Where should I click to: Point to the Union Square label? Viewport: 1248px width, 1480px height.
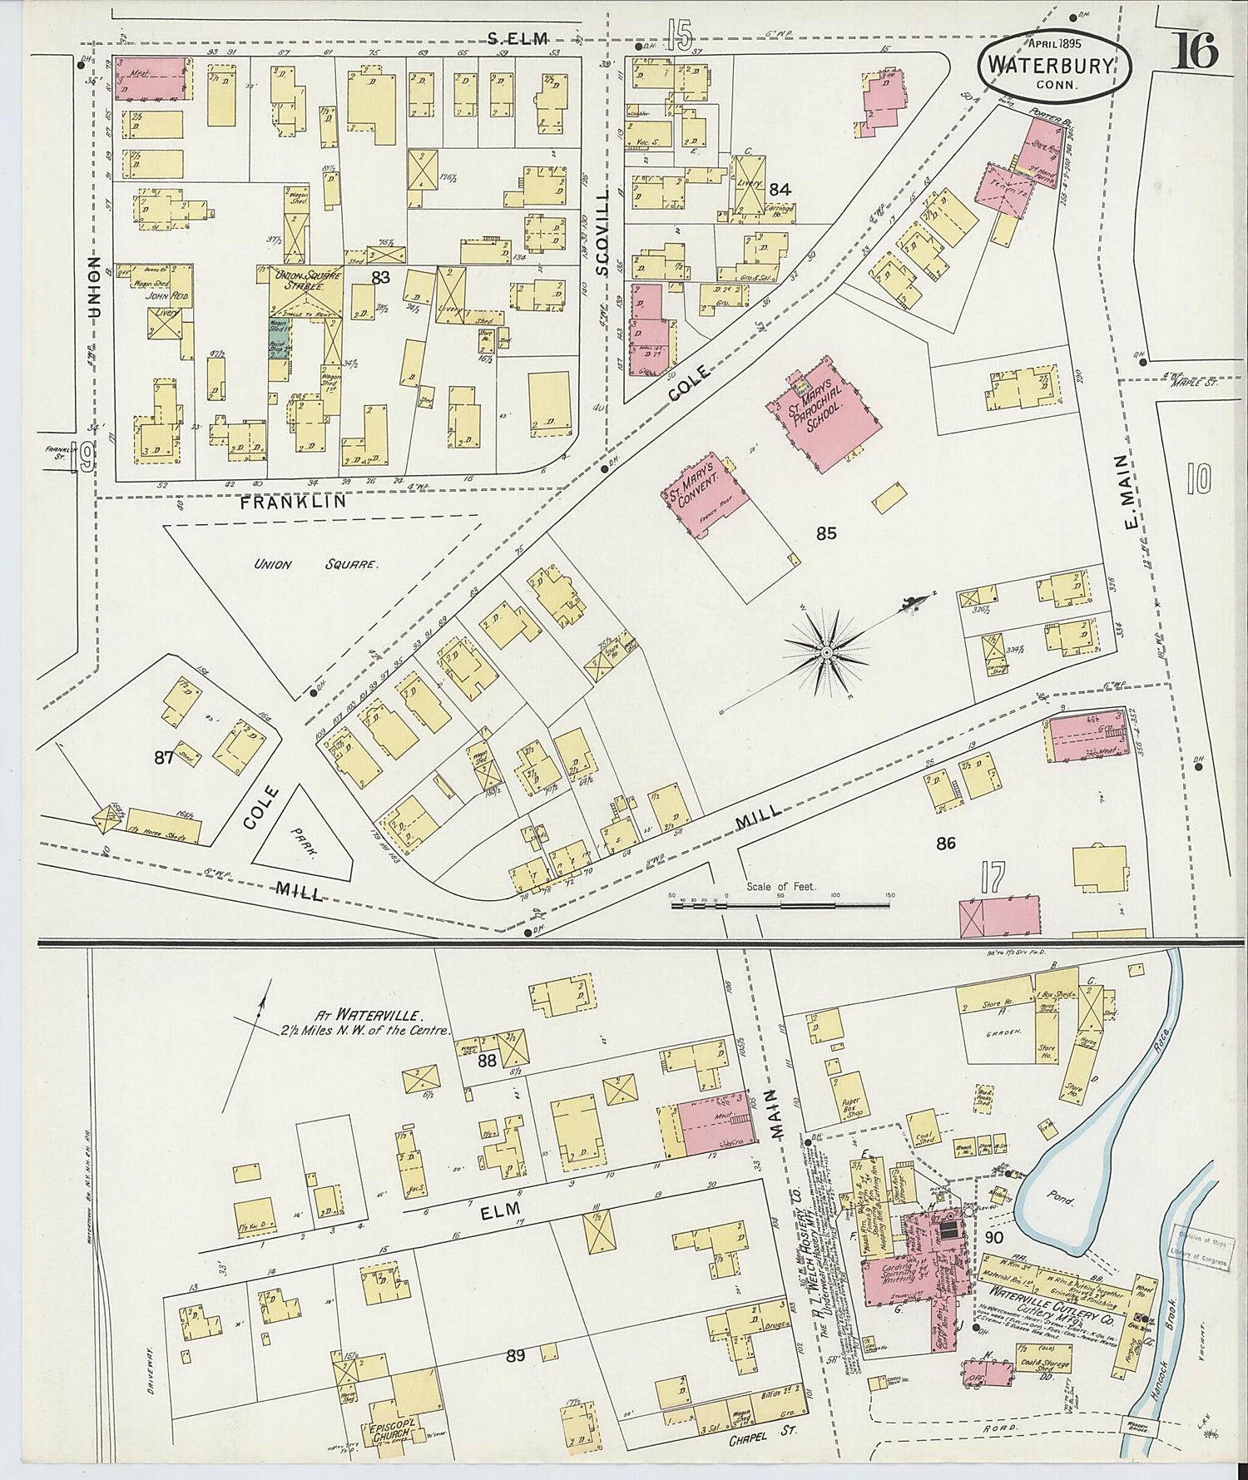pos(316,564)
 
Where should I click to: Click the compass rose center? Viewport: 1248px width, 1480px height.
pos(826,654)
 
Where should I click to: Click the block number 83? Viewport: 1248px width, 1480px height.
pos(381,278)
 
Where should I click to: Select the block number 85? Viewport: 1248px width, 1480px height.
pos(825,534)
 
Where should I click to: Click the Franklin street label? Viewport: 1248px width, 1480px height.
pos(284,502)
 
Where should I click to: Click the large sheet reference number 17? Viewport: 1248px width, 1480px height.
pos(993,879)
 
